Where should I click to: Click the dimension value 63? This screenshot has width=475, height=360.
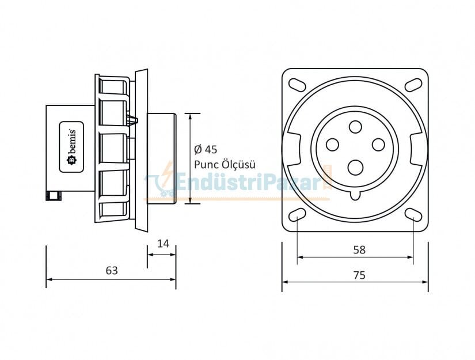[112, 270]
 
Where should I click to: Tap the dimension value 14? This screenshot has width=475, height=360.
[163, 244]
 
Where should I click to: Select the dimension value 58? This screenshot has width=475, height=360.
[359, 250]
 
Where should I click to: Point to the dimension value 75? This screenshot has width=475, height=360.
[359, 275]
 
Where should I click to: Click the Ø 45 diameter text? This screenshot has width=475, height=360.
[206, 150]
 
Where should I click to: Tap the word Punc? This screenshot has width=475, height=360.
[206, 164]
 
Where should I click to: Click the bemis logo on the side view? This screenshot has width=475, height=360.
[73, 147]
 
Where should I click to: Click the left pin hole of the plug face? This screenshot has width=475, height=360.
[333, 145]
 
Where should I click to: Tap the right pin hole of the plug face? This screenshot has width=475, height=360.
[378, 144]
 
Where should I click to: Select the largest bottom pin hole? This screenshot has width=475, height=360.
[355, 167]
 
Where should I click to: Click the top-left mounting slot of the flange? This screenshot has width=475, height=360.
[297, 84]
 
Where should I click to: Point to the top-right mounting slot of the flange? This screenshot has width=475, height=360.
[413, 84]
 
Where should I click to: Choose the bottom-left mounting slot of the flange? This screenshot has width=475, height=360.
[297, 215]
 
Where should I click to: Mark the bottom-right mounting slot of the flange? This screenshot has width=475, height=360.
[413, 215]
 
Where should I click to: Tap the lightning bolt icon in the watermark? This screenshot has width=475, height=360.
[166, 176]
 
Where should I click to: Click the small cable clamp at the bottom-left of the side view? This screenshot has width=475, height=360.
[54, 196]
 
